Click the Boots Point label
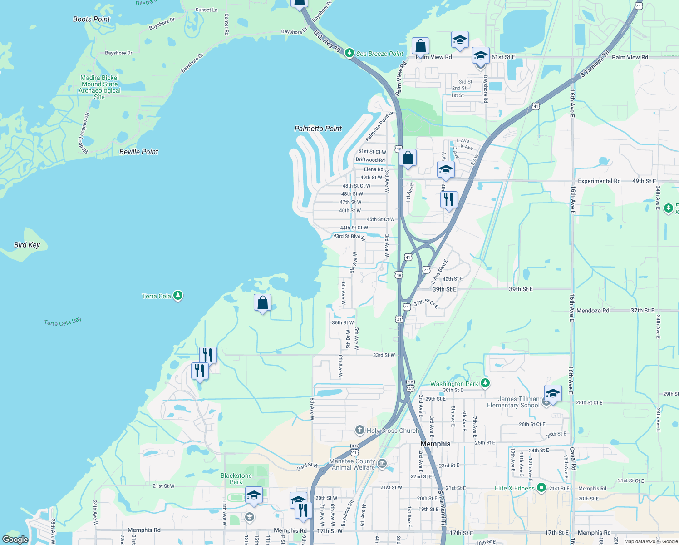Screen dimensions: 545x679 point(91,19)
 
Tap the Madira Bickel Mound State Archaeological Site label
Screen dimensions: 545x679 point(99,87)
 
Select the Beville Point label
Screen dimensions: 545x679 point(138,152)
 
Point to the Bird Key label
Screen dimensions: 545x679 point(27,245)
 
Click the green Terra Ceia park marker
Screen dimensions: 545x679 point(178,296)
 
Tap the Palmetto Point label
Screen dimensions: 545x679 point(318,129)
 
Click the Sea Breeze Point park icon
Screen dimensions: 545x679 point(349,53)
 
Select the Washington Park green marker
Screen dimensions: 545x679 point(485,383)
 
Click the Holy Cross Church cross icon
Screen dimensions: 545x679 point(360,430)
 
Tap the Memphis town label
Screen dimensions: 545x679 point(435,444)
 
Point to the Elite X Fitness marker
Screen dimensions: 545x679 point(541,488)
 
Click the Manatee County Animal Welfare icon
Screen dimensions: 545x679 point(382,464)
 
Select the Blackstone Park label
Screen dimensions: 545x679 point(236,479)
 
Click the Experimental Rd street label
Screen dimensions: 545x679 point(599,181)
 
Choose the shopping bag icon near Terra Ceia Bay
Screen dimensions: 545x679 point(262,302)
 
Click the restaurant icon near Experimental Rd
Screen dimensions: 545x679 point(448,200)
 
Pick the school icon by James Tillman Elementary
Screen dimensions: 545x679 point(552,393)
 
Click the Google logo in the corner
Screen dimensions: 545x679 point(15,539)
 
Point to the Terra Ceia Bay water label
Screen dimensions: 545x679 point(63,322)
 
